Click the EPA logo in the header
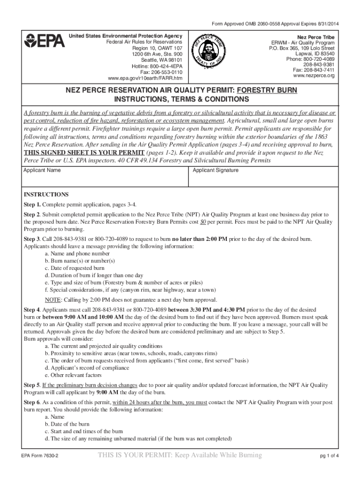coord(44,41)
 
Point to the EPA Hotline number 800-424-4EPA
coord(159,66)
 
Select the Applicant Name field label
coord(42,170)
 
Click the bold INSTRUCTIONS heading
coord(46,195)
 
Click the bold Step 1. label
coord(33,205)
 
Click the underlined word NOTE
coord(52,299)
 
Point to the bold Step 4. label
coord(33,310)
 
